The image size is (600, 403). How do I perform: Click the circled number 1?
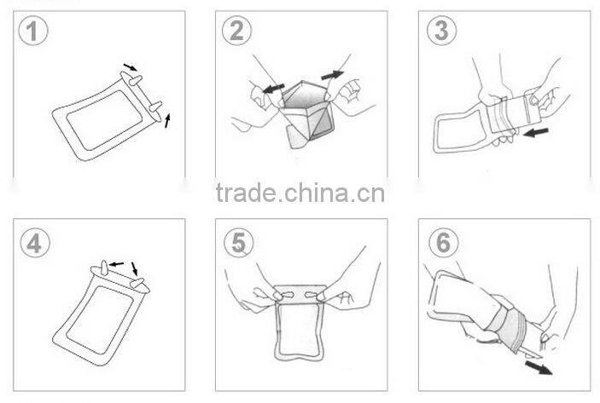tap(33, 31)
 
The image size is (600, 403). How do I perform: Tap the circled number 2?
tap(237, 31)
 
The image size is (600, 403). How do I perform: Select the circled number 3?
tap(441, 31)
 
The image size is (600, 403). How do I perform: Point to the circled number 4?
tap(35, 243)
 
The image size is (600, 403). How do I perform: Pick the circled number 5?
tap(239, 243)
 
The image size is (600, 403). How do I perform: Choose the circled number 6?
tap(444, 243)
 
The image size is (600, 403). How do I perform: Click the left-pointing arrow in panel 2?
tap(274, 89)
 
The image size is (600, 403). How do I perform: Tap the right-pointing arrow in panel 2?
tap(332, 75)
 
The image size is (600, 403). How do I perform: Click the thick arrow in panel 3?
tap(536, 133)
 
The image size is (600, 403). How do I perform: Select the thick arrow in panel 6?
tap(539, 367)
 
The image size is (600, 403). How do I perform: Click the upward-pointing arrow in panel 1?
tap(167, 120)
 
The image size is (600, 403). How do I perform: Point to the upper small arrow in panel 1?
tap(130, 67)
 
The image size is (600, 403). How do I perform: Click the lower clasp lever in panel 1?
tap(155, 107)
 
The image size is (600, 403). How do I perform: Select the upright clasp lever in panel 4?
tap(104, 268)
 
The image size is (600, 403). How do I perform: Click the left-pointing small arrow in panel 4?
tap(117, 264)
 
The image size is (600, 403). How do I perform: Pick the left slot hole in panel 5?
tap(287, 295)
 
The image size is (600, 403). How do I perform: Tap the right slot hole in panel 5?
tap(312, 295)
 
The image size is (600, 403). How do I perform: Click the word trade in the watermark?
tap(246, 193)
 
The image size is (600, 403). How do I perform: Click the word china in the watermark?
tap(317, 193)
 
